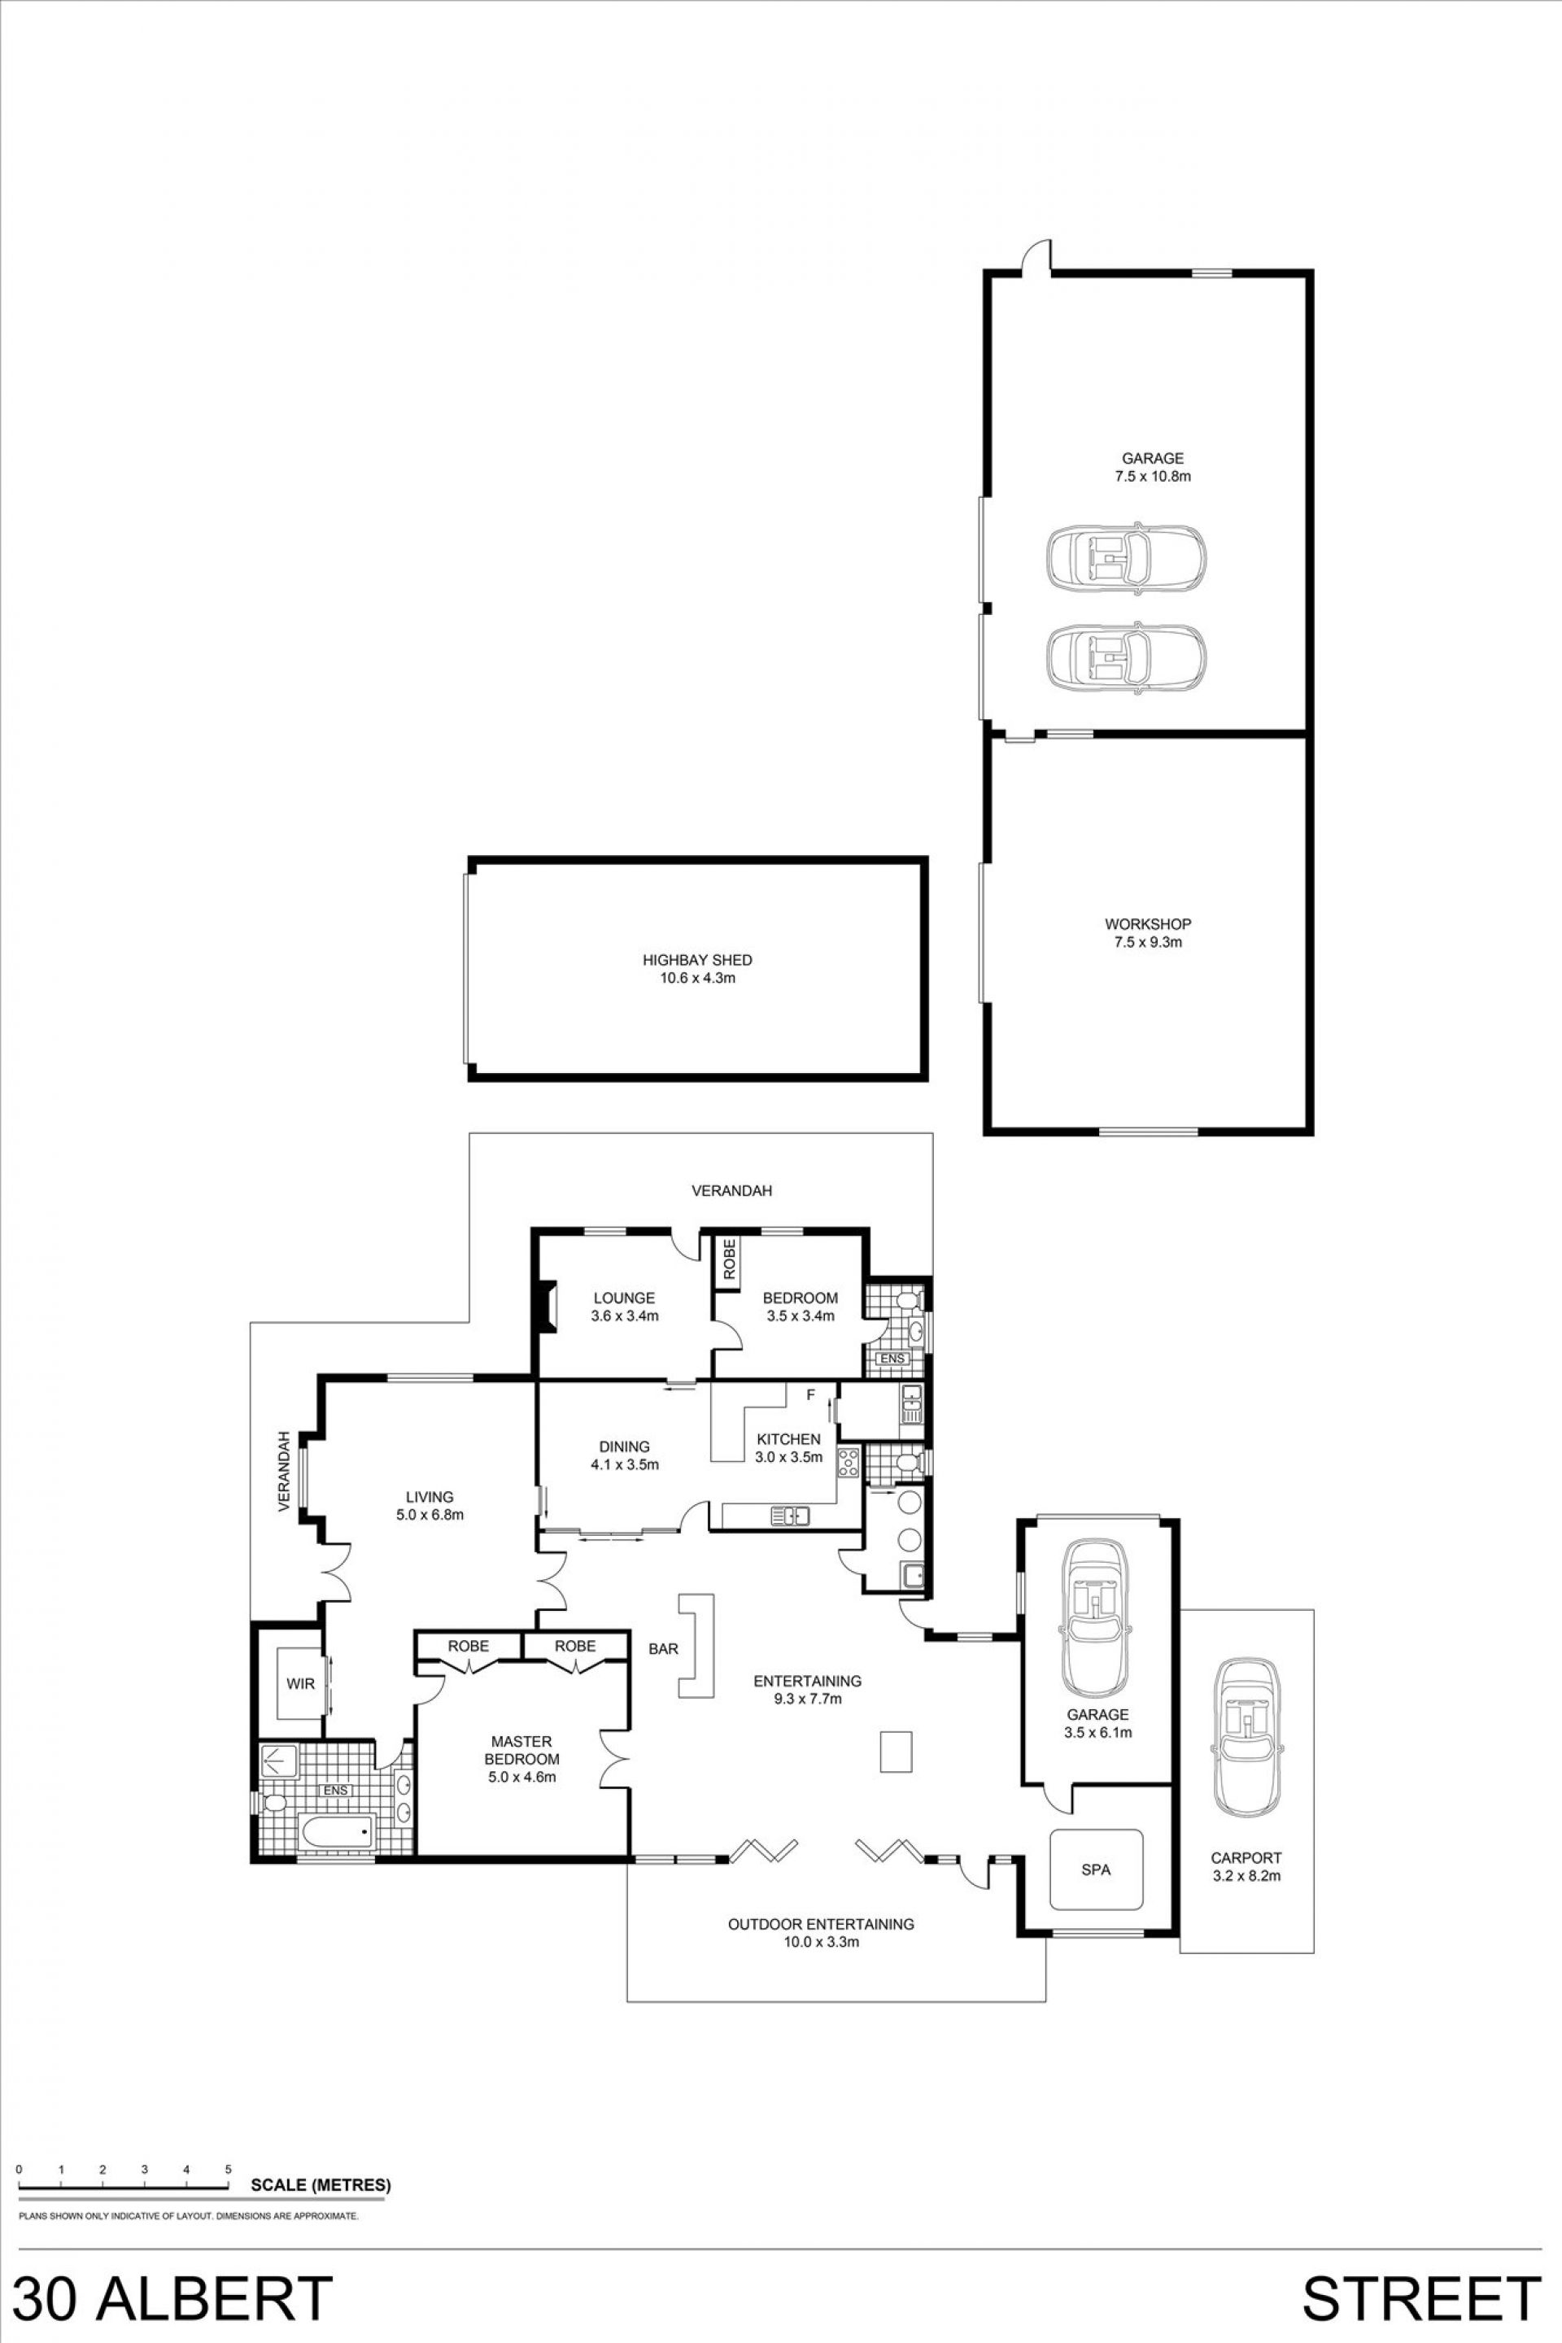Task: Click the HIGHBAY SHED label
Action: coord(696,960)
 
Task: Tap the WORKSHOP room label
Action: coord(1148,923)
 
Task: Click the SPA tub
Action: coord(1096,1870)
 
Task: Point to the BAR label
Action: coord(664,1649)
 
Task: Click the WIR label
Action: coord(301,1683)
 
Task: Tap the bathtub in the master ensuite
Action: coord(337,1830)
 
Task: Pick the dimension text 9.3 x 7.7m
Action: coord(807,1699)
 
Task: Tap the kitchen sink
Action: coord(790,1516)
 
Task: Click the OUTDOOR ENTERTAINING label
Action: coord(821,1923)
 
